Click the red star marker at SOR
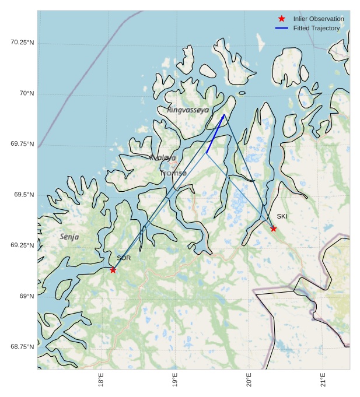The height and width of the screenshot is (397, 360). click(x=113, y=269)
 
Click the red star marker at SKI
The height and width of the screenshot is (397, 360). click(x=273, y=229)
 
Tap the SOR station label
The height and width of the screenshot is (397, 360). click(x=124, y=258)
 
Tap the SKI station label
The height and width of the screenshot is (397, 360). click(x=282, y=216)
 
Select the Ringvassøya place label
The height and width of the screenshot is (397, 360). click(x=187, y=110)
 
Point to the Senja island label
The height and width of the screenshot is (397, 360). click(x=69, y=237)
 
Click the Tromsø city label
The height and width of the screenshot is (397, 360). click(x=173, y=173)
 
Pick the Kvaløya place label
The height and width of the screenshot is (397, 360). click(x=162, y=157)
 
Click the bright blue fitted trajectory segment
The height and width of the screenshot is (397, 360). click(x=215, y=134)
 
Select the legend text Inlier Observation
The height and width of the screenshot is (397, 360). click(x=319, y=19)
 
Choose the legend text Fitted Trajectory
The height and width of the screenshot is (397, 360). click(x=316, y=28)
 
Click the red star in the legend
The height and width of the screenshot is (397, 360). click(x=282, y=19)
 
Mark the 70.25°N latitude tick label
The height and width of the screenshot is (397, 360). click(x=22, y=43)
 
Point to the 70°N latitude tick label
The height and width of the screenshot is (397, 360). click(x=27, y=93)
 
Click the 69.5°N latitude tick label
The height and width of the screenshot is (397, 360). click(x=24, y=195)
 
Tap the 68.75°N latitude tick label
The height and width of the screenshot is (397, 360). click(x=22, y=347)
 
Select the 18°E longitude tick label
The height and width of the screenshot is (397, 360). click(x=102, y=382)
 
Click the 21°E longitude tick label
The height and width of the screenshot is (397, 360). click(x=323, y=382)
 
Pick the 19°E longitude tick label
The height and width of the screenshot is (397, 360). click(x=175, y=382)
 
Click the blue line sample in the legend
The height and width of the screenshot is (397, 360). click(x=282, y=28)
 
